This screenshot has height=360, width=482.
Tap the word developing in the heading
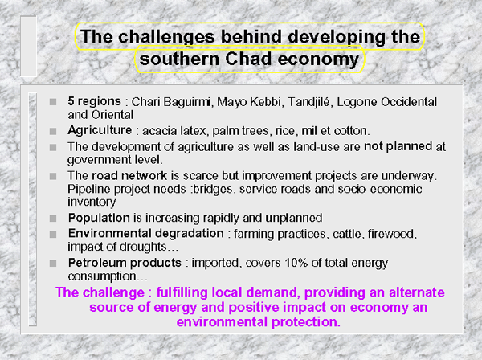click(337, 37)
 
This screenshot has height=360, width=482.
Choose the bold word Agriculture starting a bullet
click(100, 131)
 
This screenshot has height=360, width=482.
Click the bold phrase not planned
click(398, 146)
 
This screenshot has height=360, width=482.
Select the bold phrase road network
click(129, 175)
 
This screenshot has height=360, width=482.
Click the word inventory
click(92, 202)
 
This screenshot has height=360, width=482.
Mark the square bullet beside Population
click(53, 219)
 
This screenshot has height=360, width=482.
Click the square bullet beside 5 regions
click(53, 102)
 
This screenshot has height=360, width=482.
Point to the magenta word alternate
click(416, 292)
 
